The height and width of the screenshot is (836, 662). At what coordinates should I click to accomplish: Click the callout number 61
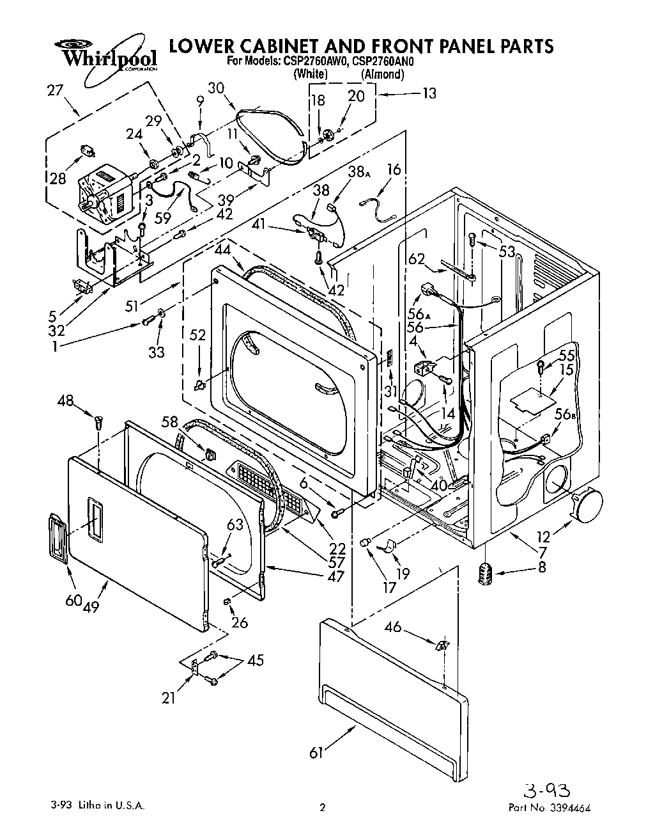[x=316, y=753]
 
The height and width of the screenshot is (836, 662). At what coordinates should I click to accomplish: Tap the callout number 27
[x=56, y=90]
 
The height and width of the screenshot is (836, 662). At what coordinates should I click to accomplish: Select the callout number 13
[x=429, y=93]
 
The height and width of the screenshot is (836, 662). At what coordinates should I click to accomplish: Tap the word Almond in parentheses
[x=383, y=75]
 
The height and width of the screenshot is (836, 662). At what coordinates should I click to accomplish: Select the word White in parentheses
[x=311, y=75]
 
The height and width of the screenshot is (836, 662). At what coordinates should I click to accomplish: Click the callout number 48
[x=66, y=402]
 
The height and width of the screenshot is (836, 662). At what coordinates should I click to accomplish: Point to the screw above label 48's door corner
[x=98, y=422]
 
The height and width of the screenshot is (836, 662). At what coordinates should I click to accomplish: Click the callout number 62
[x=417, y=259]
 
